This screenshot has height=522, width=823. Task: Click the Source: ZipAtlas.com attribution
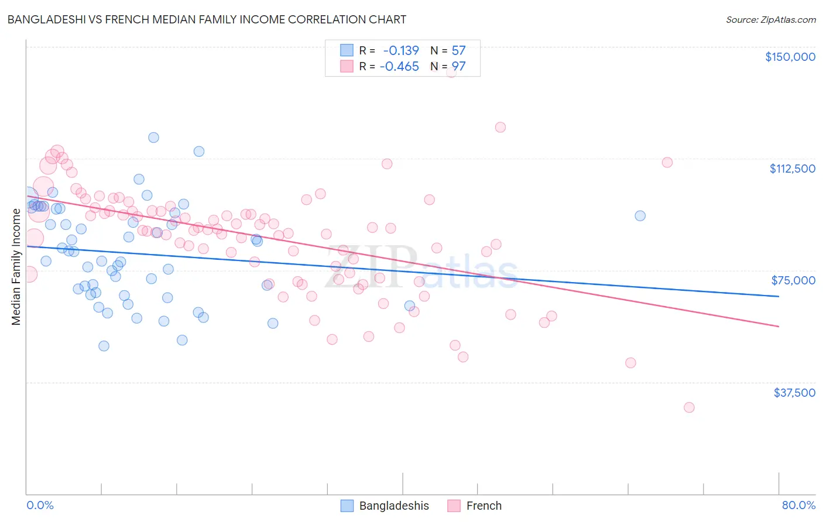tap(770, 19)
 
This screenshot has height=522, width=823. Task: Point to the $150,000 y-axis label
tap(790, 57)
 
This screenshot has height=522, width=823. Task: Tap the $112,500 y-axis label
tap(792, 169)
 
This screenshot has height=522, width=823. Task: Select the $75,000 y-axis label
tap(793, 280)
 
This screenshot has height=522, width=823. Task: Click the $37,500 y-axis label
tap(794, 393)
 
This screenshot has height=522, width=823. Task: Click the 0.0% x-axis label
tap(40, 505)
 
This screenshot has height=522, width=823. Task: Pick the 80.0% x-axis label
tap(798, 505)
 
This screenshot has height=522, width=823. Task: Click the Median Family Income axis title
tap(16, 266)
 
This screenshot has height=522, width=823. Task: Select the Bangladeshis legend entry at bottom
tap(393, 506)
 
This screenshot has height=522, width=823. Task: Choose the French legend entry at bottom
tap(483, 506)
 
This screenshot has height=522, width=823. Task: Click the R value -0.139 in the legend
tap(400, 50)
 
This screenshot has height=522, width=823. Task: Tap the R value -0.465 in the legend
tap(399, 66)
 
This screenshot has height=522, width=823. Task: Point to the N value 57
tap(458, 50)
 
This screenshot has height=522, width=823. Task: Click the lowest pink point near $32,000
tap(689, 407)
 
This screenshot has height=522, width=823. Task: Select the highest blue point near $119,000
tap(153, 138)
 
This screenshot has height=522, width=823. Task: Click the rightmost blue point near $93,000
tap(640, 215)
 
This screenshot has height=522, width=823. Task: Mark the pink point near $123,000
tap(500, 127)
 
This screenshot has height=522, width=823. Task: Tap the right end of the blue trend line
tap(779, 297)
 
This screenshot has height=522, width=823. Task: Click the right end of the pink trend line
tap(779, 327)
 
